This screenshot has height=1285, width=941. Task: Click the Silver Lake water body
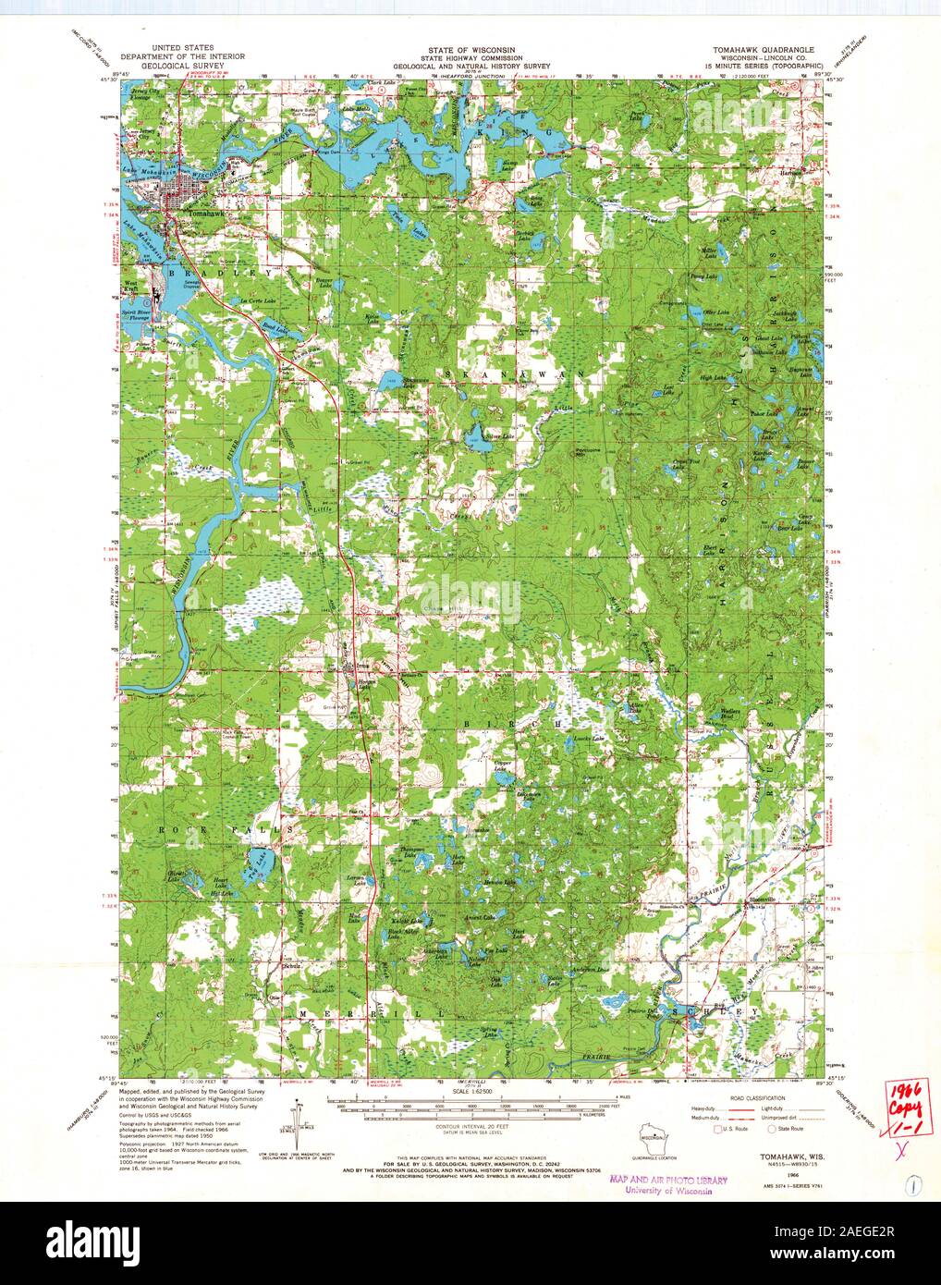pyautogui.click(x=477, y=437)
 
